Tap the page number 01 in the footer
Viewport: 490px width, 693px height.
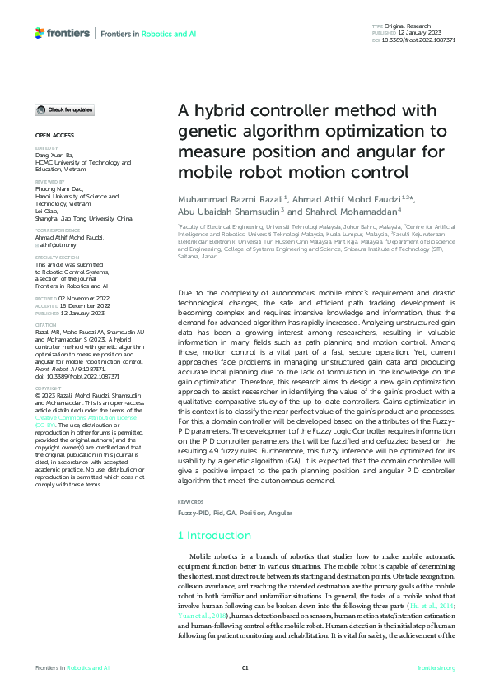[x=245, y=667]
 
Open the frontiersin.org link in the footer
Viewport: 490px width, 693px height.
[x=436, y=667]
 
